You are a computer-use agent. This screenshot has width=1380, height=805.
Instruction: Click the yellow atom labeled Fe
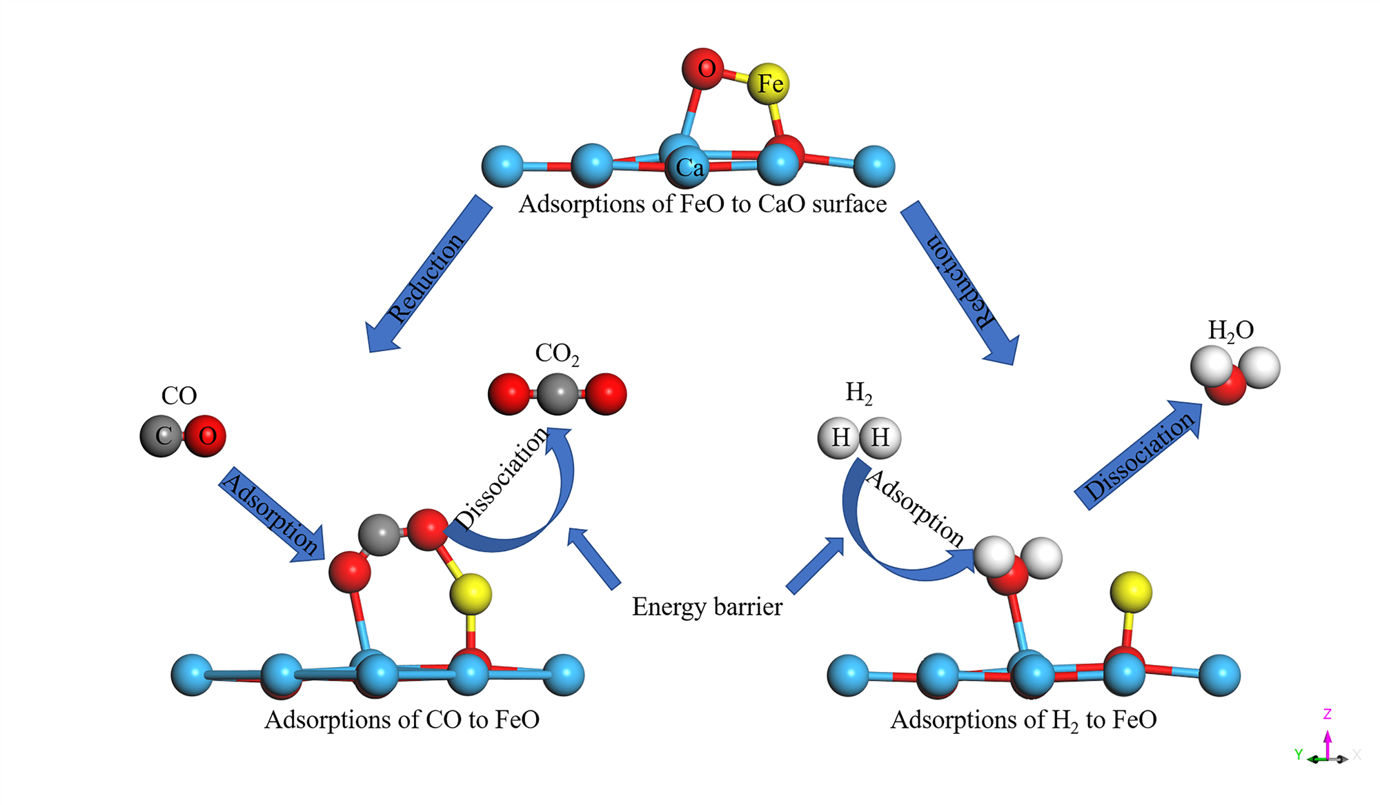[768, 84]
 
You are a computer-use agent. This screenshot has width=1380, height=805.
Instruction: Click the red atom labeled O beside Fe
[703, 68]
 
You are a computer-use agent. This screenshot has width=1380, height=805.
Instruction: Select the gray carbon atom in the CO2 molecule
[558, 394]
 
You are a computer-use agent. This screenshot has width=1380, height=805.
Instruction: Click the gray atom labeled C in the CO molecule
[161, 436]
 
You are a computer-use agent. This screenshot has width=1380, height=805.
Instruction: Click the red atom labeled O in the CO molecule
[206, 436]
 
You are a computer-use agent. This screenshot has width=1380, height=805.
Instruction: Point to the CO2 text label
[557, 354]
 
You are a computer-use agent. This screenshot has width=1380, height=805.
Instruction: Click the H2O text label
[1230, 330]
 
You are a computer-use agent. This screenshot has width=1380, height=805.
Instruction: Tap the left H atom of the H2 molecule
[838, 437]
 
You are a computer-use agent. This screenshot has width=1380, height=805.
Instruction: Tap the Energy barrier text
[707, 607]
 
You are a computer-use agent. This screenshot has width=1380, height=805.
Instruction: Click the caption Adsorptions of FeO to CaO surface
[702, 204]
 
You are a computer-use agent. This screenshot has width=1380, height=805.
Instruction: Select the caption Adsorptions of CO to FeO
[402, 720]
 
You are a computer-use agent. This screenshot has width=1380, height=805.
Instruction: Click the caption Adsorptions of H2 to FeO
[1023, 720]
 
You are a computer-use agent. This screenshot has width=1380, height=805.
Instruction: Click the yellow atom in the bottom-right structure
[1131, 592]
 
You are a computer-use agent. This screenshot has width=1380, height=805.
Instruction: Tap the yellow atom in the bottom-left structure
[471, 594]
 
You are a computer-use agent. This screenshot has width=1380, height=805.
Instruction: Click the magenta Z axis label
[1327, 714]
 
